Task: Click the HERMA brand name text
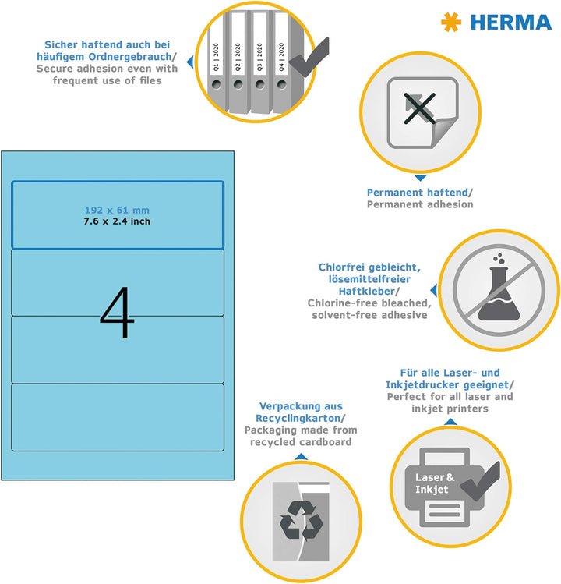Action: pyautogui.click(x=511, y=23)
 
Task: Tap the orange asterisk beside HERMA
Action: pyautogui.click(x=451, y=22)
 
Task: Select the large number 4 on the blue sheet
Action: pyautogui.click(x=117, y=312)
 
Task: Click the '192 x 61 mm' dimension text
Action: pyautogui.click(x=117, y=210)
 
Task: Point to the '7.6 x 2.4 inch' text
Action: pyautogui.click(x=117, y=221)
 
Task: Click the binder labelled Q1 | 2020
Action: pyautogui.click(x=217, y=62)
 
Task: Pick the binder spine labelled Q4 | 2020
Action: pyautogui.click(x=282, y=62)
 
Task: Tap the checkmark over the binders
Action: pyautogui.click(x=309, y=57)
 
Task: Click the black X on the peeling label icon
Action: pyautogui.click(x=419, y=108)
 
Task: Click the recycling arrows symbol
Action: pyautogui.click(x=302, y=521)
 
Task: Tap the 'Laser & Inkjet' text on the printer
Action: pyautogui.click(x=435, y=483)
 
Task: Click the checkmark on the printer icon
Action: pyautogui.click(x=480, y=481)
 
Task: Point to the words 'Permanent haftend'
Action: pyautogui.click(x=418, y=193)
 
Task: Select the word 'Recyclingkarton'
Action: pyautogui.click(x=298, y=418)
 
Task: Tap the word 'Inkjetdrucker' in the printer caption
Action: pyautogui.click(x=422, y=384)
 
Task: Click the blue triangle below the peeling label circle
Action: pyautogui.click(x=420, y=178)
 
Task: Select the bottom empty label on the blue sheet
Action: pyautogui.click(x=118, y=417)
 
